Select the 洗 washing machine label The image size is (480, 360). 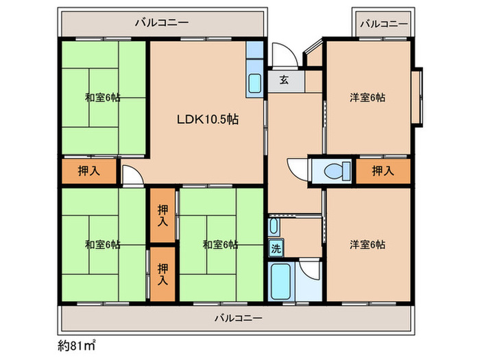[x=276, y=248]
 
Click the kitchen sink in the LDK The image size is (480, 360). [x=254, y=83]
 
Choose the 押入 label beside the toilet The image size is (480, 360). [x=382, y=170]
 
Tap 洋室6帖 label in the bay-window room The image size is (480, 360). [x=368, y=98]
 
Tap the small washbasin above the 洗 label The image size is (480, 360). [x=274, y=226]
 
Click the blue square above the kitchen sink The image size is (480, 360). [x=254, y=49]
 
